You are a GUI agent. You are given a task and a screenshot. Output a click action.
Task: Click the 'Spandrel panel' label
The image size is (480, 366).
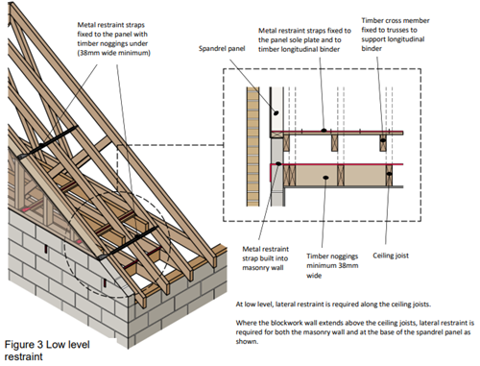(222, 49)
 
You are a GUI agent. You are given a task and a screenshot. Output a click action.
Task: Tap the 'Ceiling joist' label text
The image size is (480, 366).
(391, 256)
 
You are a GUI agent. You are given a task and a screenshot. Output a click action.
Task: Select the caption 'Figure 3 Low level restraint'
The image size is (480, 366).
(47, 351)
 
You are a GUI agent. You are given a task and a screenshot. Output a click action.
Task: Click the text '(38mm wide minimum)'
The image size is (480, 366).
(113, 53)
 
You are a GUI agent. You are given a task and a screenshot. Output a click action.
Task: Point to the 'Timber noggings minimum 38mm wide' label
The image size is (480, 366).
(332, 266)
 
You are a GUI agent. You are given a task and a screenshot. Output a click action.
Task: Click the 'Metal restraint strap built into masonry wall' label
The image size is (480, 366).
(265, 258)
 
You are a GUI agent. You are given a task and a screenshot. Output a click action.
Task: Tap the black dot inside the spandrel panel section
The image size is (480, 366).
(276, 112)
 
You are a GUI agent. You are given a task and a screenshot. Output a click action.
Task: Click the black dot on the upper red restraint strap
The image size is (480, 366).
(324, 131)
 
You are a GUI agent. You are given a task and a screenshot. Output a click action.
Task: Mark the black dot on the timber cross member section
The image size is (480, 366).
(383, 140)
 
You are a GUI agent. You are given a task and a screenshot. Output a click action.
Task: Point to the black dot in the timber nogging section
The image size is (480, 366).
(325, 178)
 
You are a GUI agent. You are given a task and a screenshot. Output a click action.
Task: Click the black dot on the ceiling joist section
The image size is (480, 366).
(389, 174)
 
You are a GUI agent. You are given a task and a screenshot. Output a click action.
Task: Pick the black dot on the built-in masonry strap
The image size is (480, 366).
(278, 163)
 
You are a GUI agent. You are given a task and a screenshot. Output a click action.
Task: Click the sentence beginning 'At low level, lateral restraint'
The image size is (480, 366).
(333, 305)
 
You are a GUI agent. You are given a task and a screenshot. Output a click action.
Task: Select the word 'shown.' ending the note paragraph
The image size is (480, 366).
(247, 341)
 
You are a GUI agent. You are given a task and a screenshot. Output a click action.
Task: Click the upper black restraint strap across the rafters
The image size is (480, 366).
(48, 142)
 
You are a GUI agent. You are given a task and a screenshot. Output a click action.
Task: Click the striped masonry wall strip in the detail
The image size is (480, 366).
(252, 146)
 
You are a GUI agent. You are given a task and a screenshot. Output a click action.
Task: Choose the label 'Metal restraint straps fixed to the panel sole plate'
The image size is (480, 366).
(304, 40)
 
